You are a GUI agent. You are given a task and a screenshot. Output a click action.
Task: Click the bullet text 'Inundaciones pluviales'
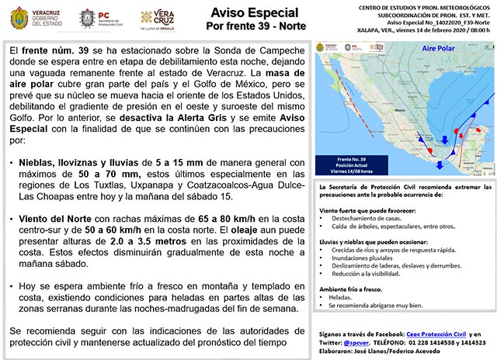tap(365, 257)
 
